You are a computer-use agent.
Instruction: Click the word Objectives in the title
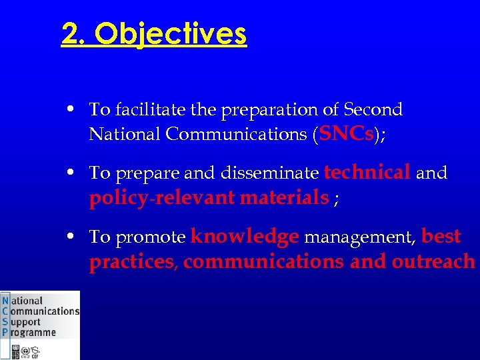(x=171, y=34)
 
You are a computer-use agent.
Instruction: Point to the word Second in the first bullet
(x=373, y=109)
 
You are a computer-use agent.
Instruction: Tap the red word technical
(x=367, y=173)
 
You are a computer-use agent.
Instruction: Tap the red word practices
(x=131, y=262)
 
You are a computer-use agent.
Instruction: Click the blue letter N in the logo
(x=5, y=301)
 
